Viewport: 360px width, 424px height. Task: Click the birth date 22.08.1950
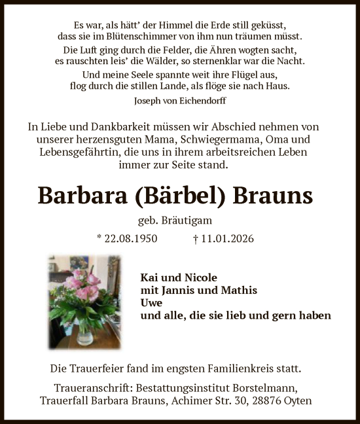click(130, 239)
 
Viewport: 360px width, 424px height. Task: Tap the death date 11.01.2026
click(228, 239)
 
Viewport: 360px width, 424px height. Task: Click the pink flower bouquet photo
click(84, 301)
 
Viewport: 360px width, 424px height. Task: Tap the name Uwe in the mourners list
click(151, 303)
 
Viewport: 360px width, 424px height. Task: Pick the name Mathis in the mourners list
click(239, 290)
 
